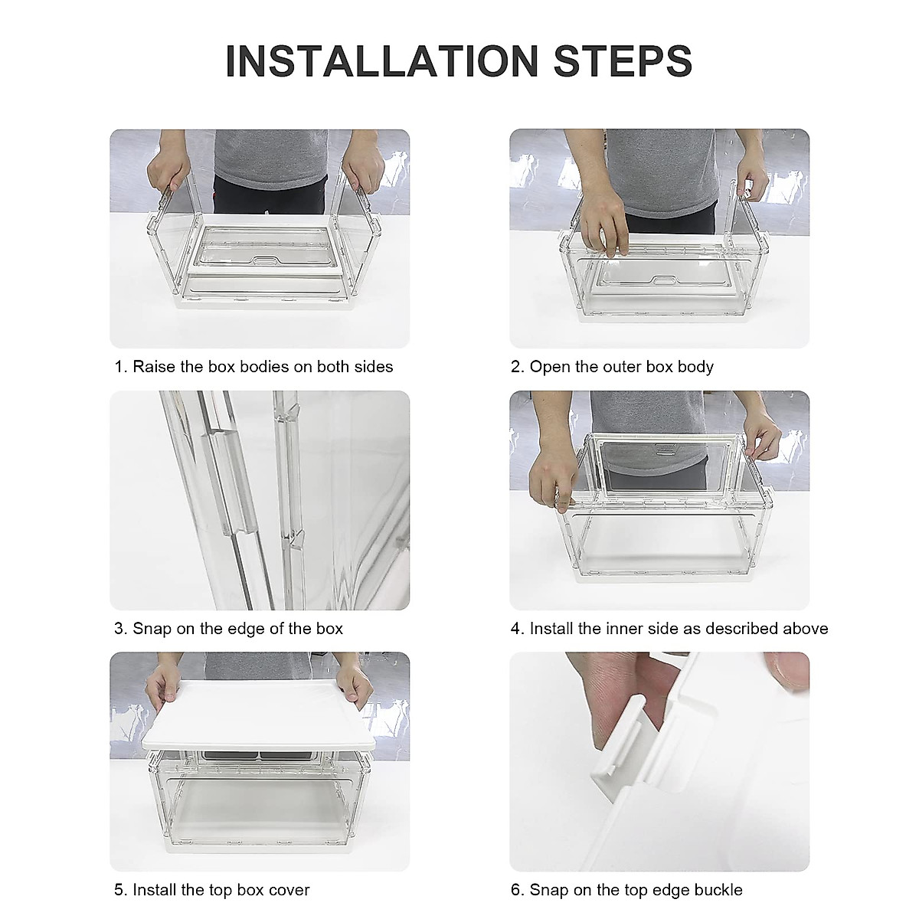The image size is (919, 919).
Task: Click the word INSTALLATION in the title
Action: click(381, 61)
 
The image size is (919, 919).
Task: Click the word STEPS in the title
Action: click(623, 61)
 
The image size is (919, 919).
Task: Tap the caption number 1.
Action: click(121, 367)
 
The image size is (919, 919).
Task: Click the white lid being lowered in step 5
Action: click(259, 715)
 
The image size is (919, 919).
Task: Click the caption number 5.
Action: click(121, 890)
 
